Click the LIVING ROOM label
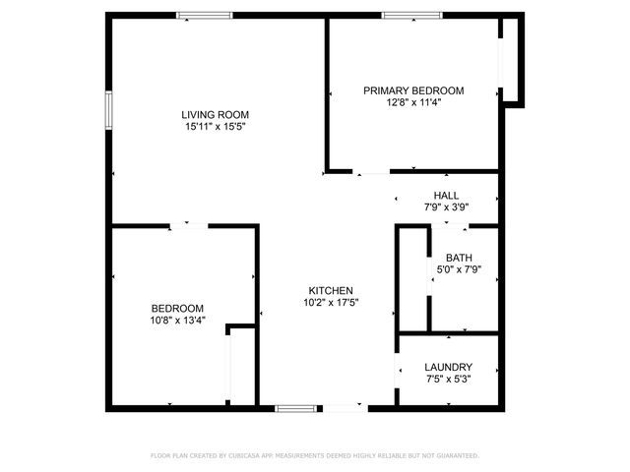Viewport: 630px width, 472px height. (x=214, y=114)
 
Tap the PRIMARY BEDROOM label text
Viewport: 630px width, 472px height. (x=413, y=90)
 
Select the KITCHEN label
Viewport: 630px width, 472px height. (x=331, y=290)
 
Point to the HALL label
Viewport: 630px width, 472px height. (x=446, y=195)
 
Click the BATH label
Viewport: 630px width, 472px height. (x=459, y=258)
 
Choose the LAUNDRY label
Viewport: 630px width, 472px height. (x=449, y=367)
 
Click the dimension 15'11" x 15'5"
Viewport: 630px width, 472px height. (x=214, y=127)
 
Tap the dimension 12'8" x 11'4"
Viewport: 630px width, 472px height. (x=413, y=103)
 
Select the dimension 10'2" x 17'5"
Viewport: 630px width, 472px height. (x=331, y=303)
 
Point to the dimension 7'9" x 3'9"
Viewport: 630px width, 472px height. (x=446, y=207)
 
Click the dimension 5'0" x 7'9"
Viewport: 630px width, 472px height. (x=459, y=269)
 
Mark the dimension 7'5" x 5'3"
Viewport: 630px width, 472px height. (x=449, y=380)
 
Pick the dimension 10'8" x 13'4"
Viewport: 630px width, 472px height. (x=177, y=321)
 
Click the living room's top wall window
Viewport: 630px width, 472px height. (x=205, y=15)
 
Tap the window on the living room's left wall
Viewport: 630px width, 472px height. (x=109, y=110)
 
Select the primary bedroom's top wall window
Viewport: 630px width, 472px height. (x=410, y=15)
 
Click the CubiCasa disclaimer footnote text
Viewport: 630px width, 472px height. (x=315, y=455)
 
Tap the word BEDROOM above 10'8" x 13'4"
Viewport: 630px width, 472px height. (x=177, y=308)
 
